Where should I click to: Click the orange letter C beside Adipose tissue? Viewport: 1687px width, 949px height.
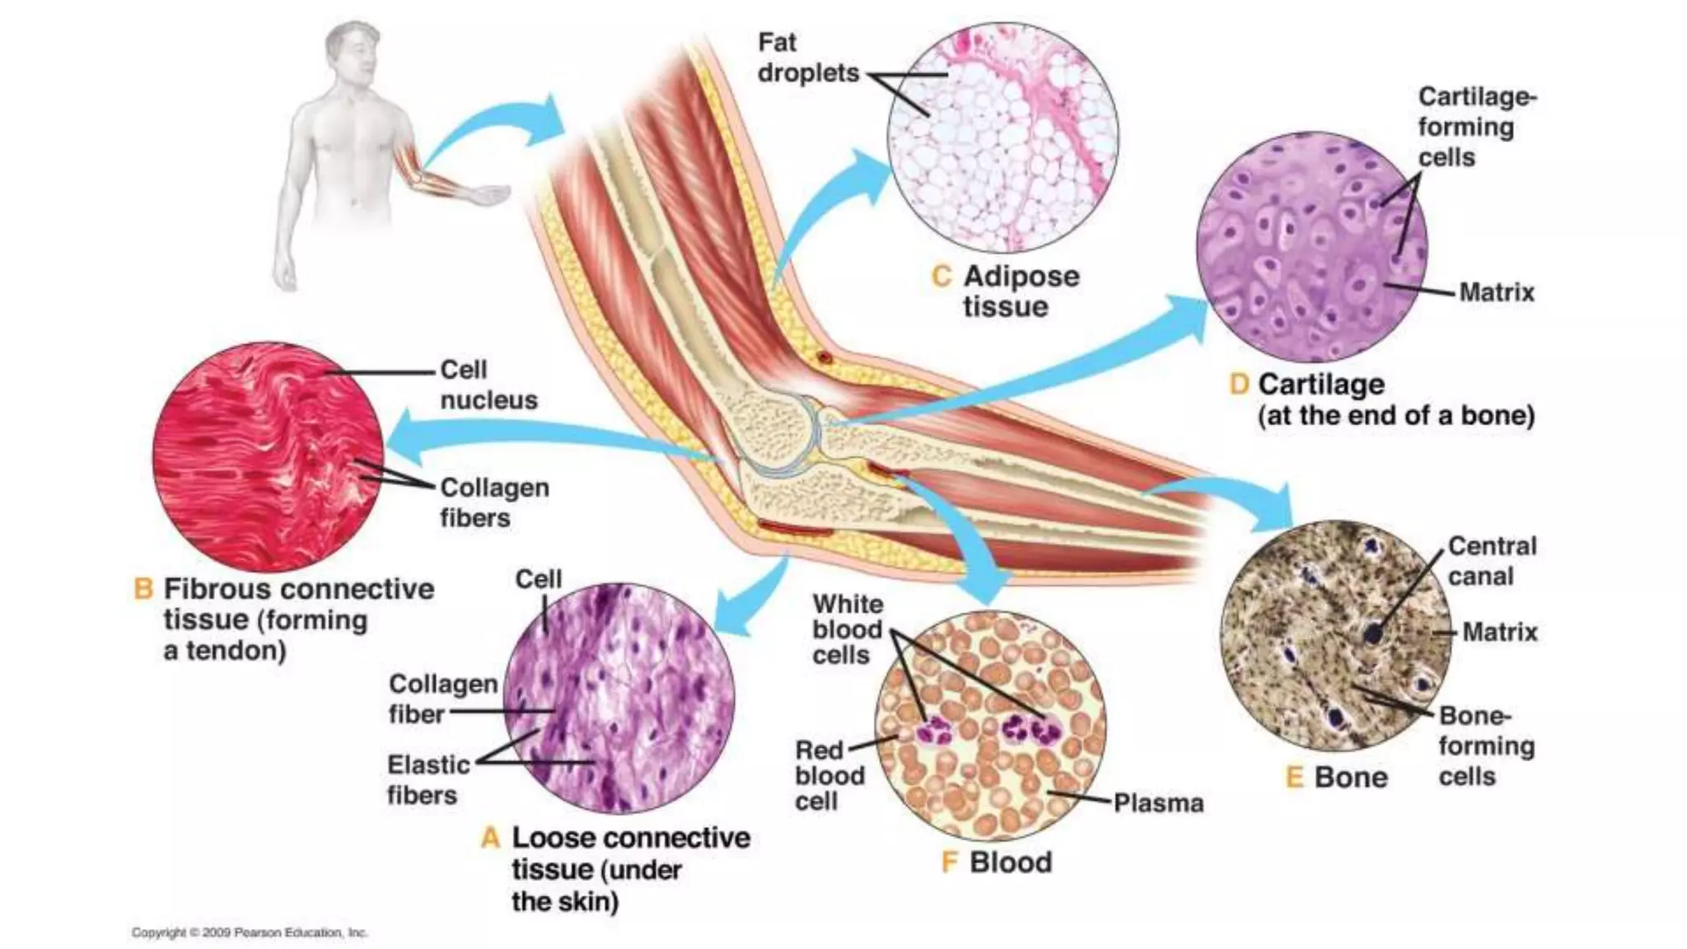tap(942, 277)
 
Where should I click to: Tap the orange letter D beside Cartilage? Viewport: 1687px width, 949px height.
tap(1239, 385)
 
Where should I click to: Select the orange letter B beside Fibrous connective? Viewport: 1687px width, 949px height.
tap(143, 590)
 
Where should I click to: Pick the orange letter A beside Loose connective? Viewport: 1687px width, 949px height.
tap(491, 839)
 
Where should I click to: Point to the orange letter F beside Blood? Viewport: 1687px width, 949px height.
tap(950, 863)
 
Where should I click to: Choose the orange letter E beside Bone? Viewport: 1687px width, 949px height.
tap(1295, 778)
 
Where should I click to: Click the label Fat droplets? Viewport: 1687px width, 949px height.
tap(807, 58)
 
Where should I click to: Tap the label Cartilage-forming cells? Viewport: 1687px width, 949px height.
tap(1476, 127)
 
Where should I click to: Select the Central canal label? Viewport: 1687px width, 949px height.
tap(1492, 561)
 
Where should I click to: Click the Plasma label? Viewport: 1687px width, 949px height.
tap(1158, 803)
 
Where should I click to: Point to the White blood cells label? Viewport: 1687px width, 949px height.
tap(847, 630)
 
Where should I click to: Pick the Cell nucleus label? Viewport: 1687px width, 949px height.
tap(488, 385)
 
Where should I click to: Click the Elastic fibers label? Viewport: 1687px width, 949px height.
tap(428, 780)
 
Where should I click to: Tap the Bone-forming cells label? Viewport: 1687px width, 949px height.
tap(1485, 746)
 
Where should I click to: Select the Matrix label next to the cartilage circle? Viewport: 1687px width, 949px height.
tap(1497, 292)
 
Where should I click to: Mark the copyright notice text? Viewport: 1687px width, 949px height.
tap(250, 933)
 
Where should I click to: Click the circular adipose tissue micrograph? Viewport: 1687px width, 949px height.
tap(1003, 138)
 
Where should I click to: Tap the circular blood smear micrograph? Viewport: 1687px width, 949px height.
tap(990, 725)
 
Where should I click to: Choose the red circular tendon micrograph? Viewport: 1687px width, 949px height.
tap(269, 458)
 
